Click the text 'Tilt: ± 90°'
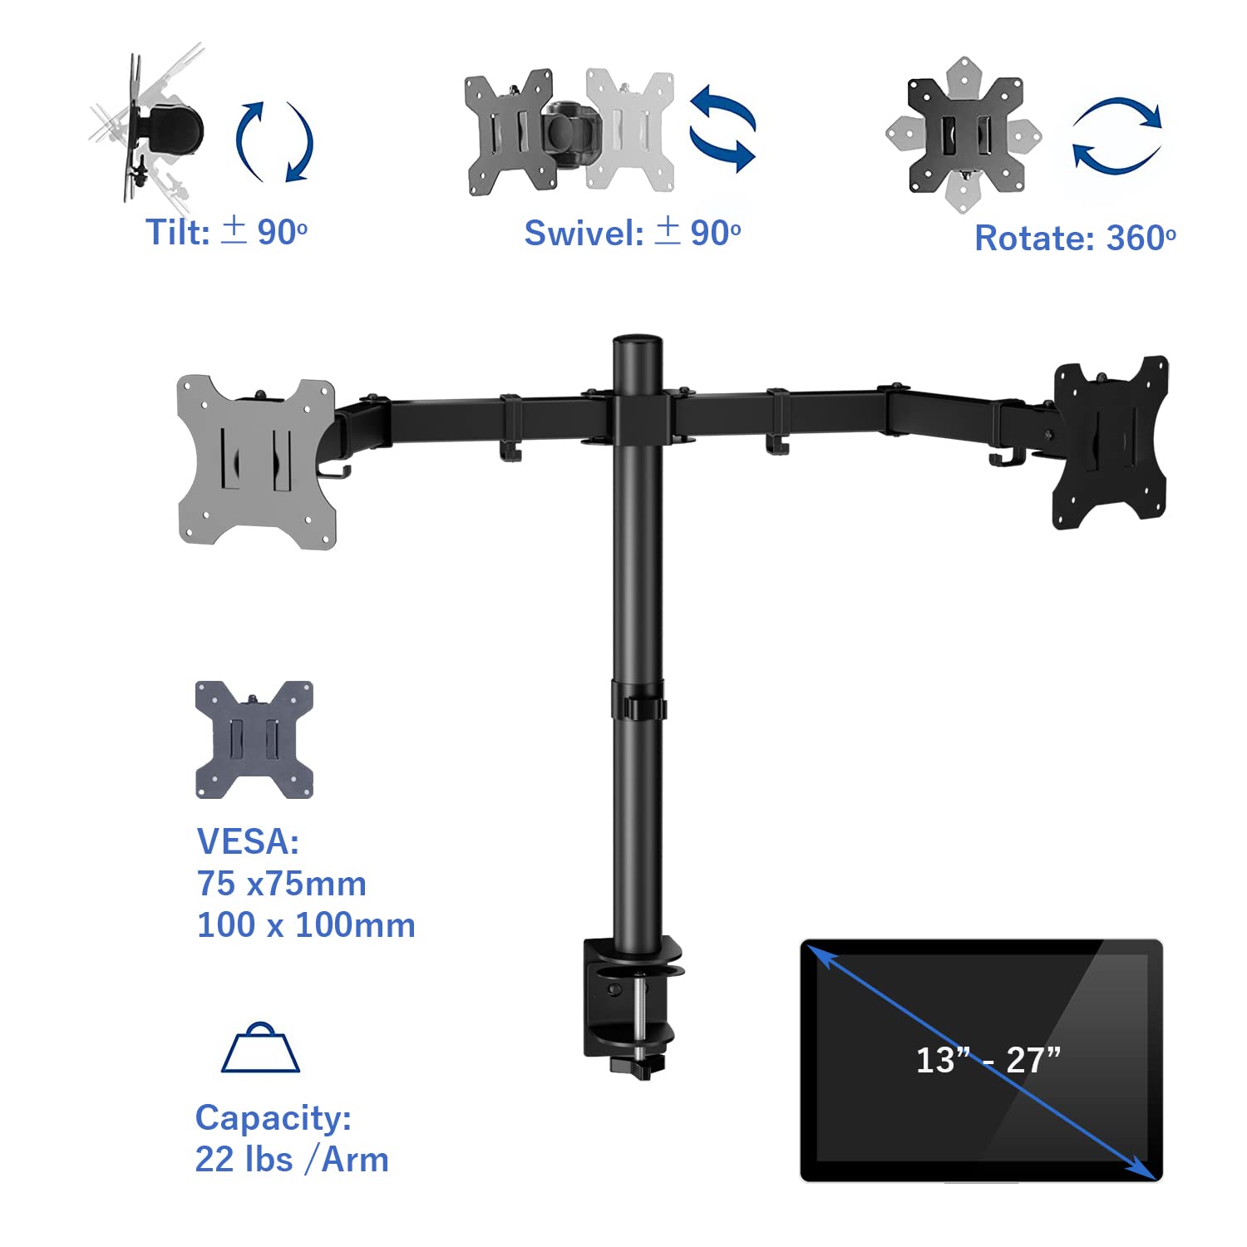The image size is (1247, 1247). (x=226, y=232)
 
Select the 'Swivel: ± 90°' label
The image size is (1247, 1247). (x=632, y=233)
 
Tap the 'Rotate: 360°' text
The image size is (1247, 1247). (x=1074, y=239)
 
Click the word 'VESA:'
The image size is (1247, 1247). (x=248, y=841)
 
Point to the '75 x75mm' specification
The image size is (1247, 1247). (x=281, y=884)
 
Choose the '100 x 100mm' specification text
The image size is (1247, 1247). (x=305, y=925)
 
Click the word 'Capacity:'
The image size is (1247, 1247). (x=273, y=1118)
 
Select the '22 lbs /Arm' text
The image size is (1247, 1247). (x=291, y=1160)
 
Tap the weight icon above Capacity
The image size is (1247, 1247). (x=260, y=1048)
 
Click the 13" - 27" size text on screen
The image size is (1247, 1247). (x=988, y=1060)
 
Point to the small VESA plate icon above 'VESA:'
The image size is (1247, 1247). (x=254, y=740)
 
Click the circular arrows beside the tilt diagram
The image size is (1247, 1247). (x=274, y=141)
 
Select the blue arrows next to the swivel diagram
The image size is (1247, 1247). (x=722, y=129)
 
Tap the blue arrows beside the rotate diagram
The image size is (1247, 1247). (x=1116, y=136)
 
